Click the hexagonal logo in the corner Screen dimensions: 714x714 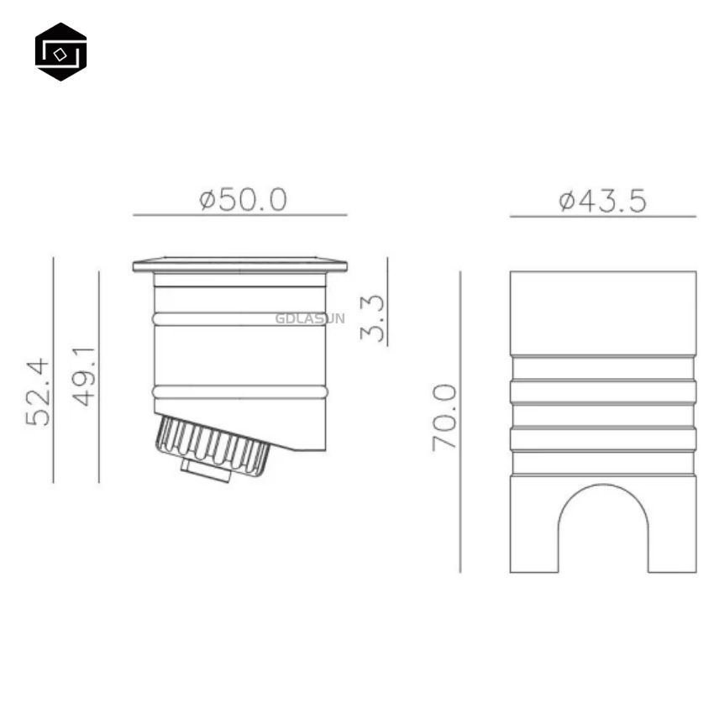[x=60, y=52]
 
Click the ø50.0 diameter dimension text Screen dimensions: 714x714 [x=243, y=200]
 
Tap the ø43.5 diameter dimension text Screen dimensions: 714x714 [x=603, y=201]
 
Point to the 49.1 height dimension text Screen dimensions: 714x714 [x=83, y=376]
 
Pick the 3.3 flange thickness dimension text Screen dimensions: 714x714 [x=372, y=318]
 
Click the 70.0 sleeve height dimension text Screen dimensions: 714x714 [x=444, y=417]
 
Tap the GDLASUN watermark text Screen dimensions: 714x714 [x=309, y=318]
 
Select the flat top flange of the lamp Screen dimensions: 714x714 [x=239, y=265]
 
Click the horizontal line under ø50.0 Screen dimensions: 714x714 [x=239, y=215]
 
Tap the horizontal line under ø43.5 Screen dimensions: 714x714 [x=602, y=216]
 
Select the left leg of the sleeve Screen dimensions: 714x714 [x=533, y=525]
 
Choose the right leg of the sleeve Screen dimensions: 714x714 [x=672, y=525]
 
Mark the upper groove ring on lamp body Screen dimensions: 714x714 [x=239, y=318]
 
